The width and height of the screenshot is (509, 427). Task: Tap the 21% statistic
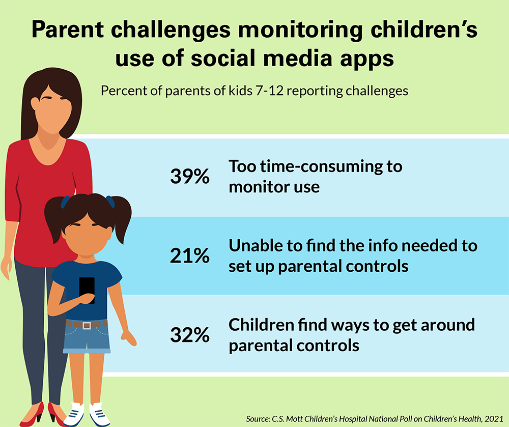click(x=189, y=256)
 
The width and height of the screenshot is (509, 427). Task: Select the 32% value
click(x=189, y=335)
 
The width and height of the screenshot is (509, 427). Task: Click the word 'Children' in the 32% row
click(x=261, y=325)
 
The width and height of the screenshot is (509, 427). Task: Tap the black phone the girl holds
click(x=87, y=290)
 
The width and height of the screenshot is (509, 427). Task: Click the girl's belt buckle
click(x=87, y=325)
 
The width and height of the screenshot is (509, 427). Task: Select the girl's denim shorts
click(x=87, y=338)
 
